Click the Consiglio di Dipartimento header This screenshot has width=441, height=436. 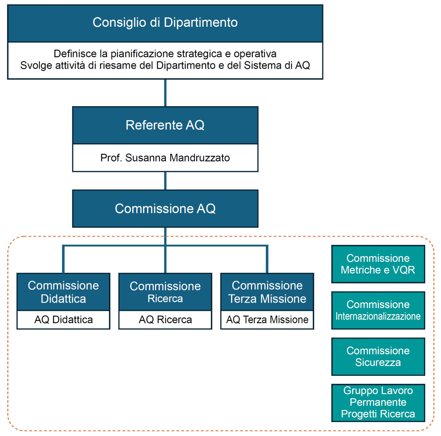(165, 23)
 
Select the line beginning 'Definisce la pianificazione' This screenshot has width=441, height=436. (165, 54)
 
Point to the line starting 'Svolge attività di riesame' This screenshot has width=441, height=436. (165, 65)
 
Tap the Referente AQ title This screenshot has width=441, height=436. (165, 125)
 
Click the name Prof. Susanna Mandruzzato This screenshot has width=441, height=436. (165, 158)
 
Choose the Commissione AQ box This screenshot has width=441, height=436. (165, 209)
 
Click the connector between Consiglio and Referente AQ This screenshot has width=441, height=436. (165, 93)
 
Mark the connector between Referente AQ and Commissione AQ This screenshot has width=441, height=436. (165, 181)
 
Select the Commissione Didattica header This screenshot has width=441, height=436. (63, 292)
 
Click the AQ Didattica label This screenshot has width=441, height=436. (63, 320)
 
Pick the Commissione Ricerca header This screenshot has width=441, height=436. (165, 292)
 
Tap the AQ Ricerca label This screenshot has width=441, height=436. (165, 320)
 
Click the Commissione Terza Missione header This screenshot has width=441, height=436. (267, 292)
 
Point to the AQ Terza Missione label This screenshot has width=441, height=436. (267, 320)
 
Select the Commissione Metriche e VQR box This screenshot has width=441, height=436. (378, 264)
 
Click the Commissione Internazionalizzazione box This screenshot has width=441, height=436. (378, 310)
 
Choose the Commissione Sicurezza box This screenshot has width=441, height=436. (378, 357)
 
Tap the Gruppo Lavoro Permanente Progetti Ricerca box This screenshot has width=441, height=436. (378, 403)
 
